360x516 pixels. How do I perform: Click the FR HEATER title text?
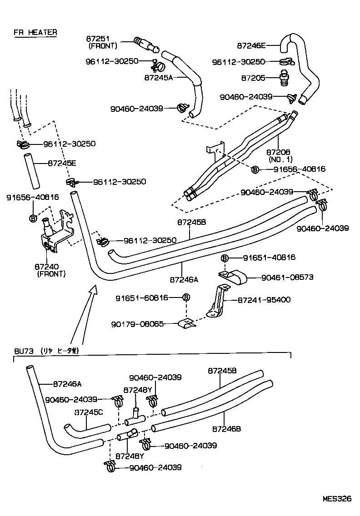[35, 32]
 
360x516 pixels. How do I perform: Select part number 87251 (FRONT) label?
[102, 42]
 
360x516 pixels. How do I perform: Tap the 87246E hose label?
[251, 45]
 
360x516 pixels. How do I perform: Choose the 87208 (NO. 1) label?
[279, 156]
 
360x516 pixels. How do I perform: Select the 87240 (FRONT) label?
[50, 271]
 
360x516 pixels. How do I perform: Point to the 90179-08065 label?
[137, 324]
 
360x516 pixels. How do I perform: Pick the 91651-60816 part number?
[141, 298]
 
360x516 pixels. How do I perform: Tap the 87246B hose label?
[226, 428]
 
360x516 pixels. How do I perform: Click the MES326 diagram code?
[337, 498]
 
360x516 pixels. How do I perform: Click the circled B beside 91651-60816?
[185, 298]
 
